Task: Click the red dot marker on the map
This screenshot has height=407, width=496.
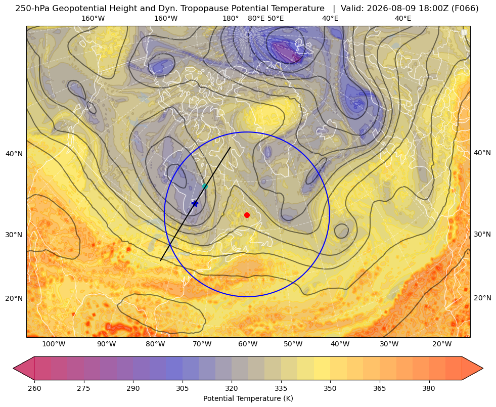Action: point(247,215)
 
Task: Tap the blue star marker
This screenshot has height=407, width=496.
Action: point(195,204)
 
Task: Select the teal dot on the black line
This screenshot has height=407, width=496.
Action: point(205,186)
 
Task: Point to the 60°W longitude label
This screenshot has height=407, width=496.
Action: point(248,344)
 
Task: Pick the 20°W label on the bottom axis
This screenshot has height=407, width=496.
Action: point(442,344)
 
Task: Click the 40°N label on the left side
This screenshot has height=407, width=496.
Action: point(14,154)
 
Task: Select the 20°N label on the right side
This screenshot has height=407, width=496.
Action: point(482,298)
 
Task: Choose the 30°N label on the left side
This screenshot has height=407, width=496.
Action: point(14,235)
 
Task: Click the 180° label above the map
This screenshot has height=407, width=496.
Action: point(231,18)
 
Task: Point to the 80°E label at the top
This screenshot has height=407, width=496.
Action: point(256,18)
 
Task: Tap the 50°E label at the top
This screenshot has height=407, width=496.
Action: point(276,18)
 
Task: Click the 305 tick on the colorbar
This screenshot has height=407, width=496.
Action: point(182,388)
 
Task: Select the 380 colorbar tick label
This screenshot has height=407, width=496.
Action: point(429,388)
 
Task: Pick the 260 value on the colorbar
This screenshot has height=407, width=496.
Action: point(34,388)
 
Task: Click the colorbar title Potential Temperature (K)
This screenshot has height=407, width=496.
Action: point(248,398)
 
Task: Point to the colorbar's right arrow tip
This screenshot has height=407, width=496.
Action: point(483,368)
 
